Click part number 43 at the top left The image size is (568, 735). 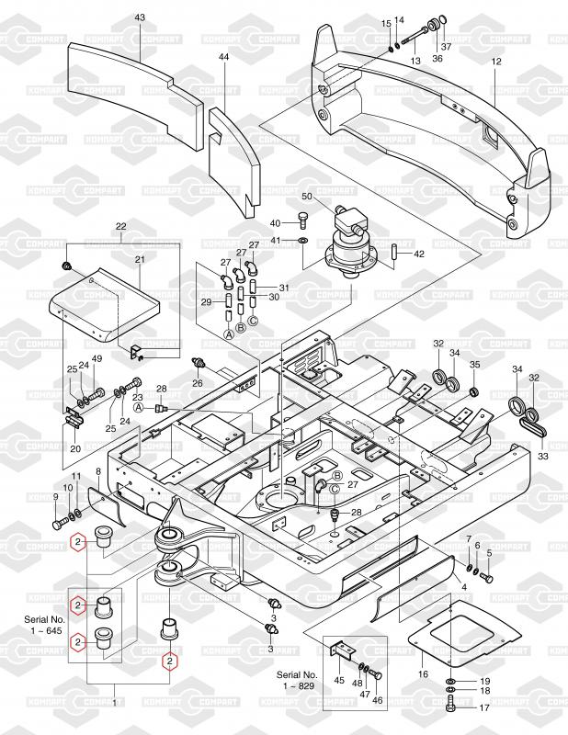click(140, 17)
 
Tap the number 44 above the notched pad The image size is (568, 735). click(223, 57)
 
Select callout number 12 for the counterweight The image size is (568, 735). click(495, 61)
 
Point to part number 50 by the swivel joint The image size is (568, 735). click(307, 198)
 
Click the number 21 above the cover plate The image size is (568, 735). click(140, 260)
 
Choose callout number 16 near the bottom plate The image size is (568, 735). click(424, 674)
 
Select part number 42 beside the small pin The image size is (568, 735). click(418, 254)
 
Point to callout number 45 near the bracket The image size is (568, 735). click(339, 681)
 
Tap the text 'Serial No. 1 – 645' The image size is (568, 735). click(44, 628)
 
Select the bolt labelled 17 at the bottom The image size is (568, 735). click(450, 707)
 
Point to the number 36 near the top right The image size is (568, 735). click(437, 59)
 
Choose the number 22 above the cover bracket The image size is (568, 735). click(120, 226)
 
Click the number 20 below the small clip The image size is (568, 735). click(74, 449)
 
